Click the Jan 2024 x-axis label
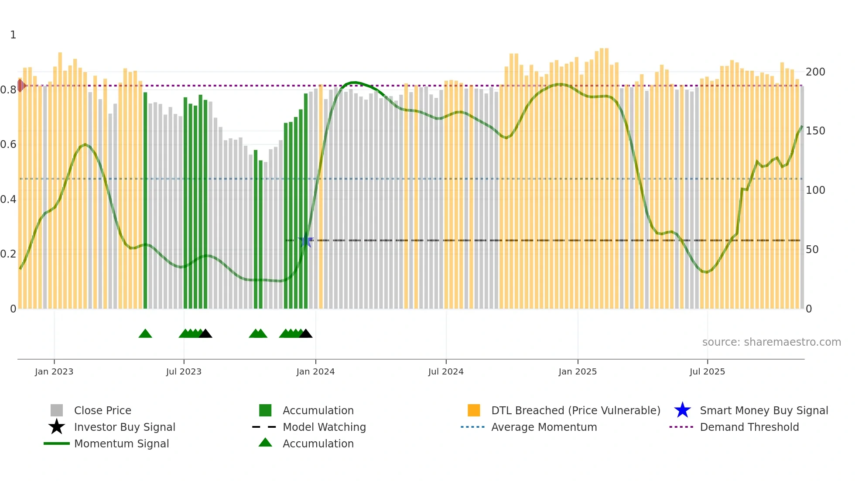[315, 371]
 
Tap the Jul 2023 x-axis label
[184, 371]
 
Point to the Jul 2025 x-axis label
[707, 371]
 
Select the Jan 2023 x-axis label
[54, 371]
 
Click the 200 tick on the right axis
[815, 72]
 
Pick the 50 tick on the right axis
[812, 250]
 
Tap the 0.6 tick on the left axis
[8, 144]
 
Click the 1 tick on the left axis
[13, 35]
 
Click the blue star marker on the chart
[306, 240]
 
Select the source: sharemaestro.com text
[771, 342]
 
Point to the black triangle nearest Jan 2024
[306, 334]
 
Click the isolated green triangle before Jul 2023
[145, 334]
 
